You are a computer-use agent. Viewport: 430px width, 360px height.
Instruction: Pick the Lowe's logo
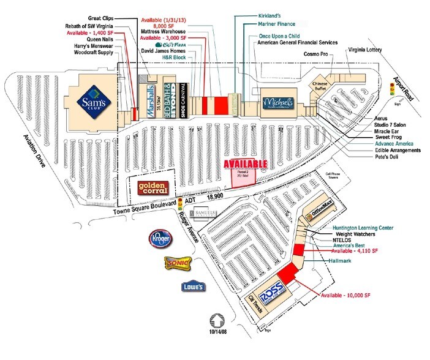[193, 286]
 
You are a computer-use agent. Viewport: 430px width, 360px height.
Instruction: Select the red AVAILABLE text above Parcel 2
[246, 164]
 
